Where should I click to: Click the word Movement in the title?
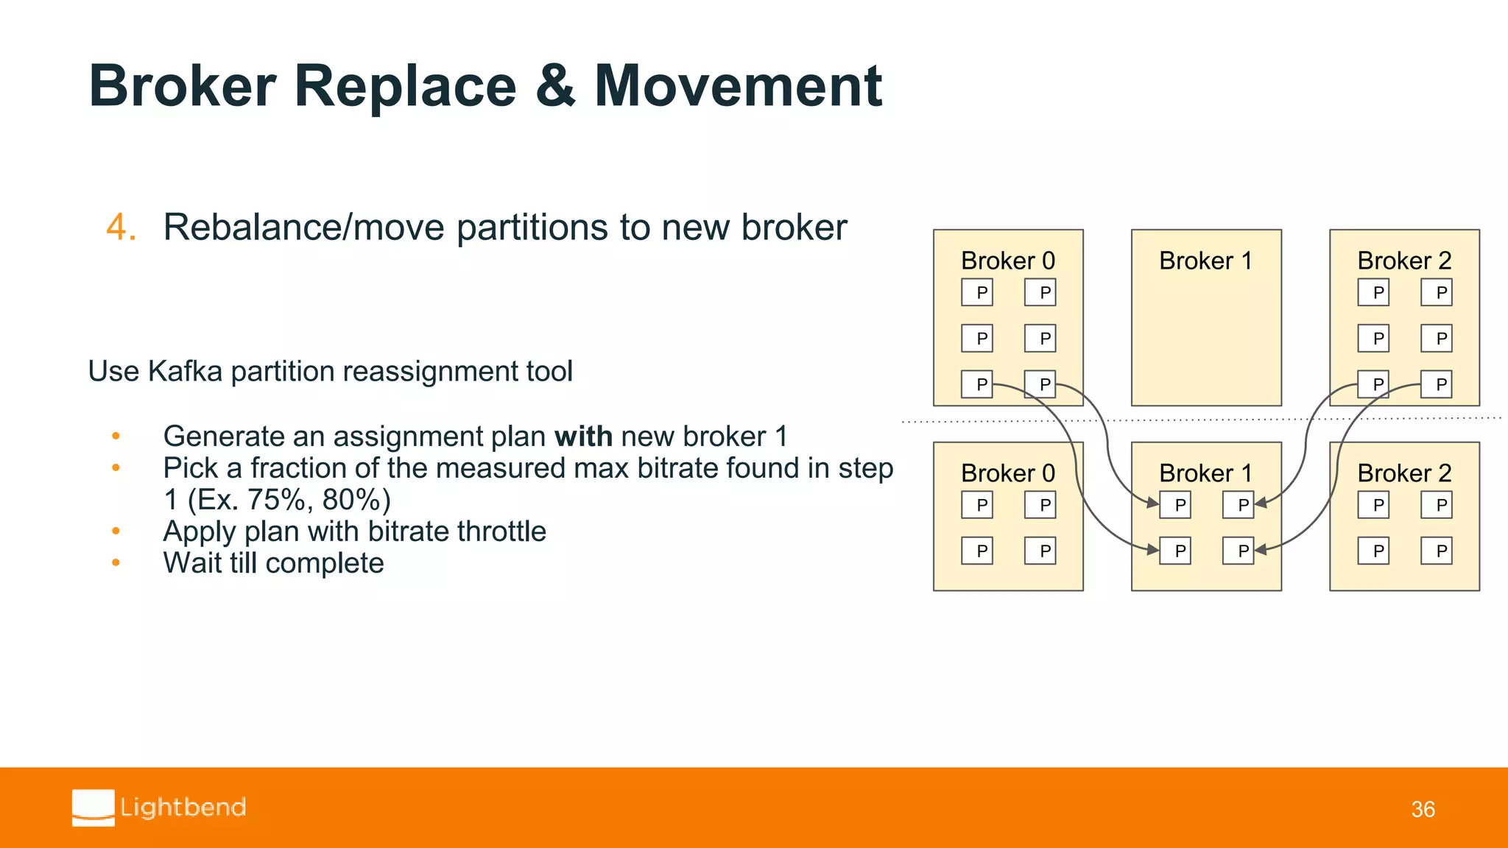pos(737,87)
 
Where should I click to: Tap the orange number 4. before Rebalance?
pos(121,227)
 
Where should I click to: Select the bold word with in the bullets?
pos(583,437)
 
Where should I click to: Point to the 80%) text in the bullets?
pos(356,500)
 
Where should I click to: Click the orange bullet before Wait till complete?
pos(116,563)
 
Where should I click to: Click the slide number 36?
pos(1423,810)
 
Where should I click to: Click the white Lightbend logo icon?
pos(94,808)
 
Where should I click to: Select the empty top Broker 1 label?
pos(1205,261)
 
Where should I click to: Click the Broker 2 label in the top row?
pos(1403,261)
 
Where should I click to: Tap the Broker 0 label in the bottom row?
pos(1007,473)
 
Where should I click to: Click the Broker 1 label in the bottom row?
pos(1205,473)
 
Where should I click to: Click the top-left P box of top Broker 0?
pos(977,293)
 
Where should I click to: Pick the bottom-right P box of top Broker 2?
pos(1437,384)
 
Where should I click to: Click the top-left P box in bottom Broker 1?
pos(1176,505)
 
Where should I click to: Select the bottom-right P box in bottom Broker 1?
pos(1239,551)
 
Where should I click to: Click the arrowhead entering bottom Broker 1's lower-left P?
pos(1152,549)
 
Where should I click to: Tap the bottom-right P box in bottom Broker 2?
pos(1437,551)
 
